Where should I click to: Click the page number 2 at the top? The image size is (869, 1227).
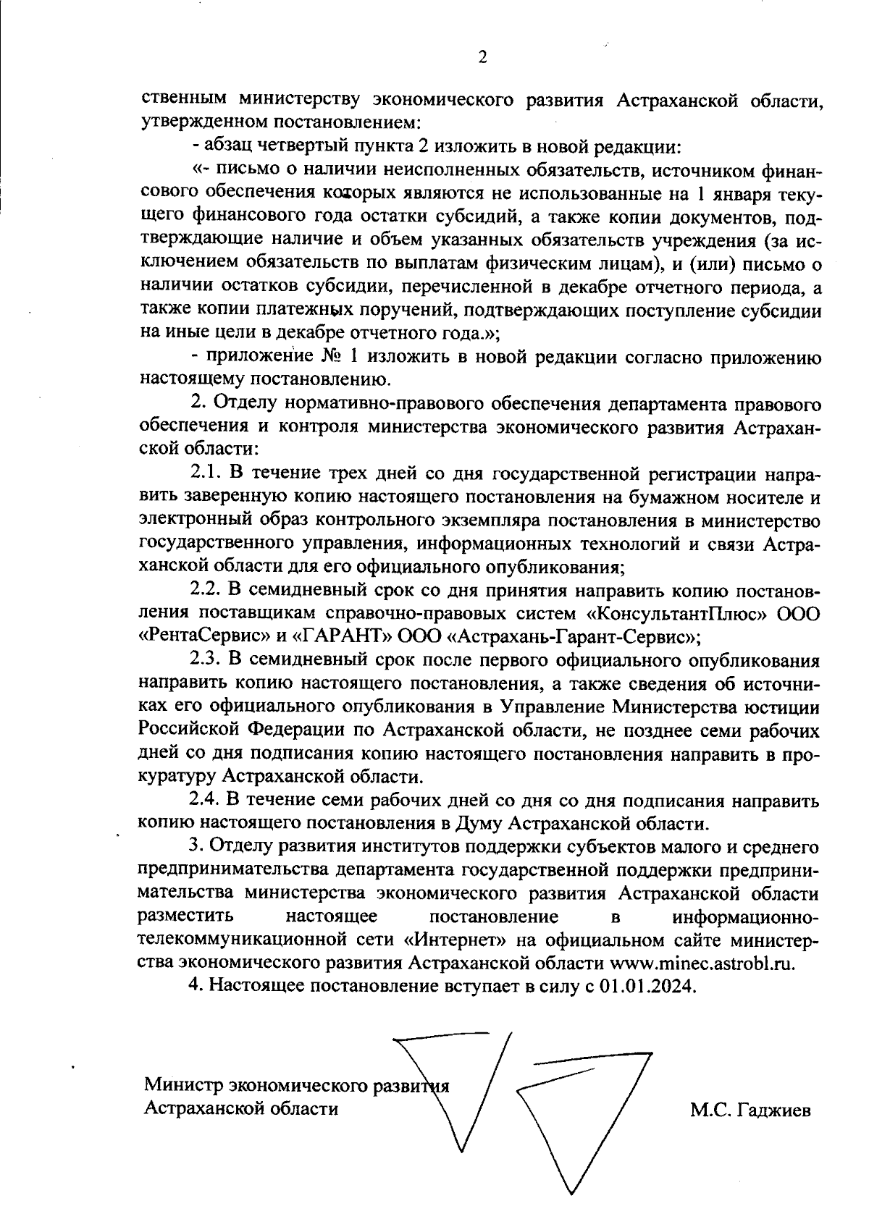pyautogui.click(x=482, y=57)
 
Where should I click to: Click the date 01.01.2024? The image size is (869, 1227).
pyautogui.click(x=647, y=986)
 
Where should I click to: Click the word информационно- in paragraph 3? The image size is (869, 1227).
pyautogui.click(x=746, y=916)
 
